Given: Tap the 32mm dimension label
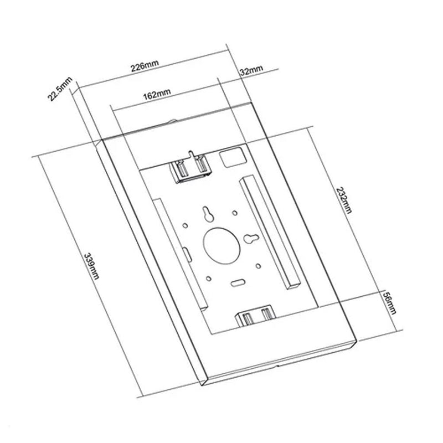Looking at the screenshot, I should click(251, 71).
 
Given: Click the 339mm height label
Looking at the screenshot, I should click(90, 266).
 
